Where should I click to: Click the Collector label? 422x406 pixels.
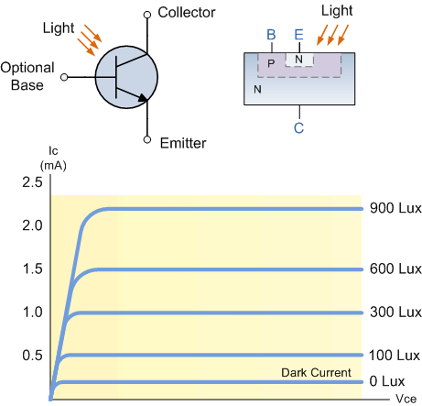[x=187, y=13]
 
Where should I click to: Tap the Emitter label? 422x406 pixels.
[x=183, y=143]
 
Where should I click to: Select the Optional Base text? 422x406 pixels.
[x=27, y=76]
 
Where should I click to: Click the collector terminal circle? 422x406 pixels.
[x=147, y=15]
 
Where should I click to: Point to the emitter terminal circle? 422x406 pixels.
[x=147, y=139]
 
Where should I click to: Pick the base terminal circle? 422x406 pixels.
[x=64, y=77]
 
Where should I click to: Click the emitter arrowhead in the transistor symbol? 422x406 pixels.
[x=143, y=97]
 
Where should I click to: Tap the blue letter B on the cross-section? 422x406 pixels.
[x=271, y=35]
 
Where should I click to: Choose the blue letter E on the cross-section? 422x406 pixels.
[x=299, y=35]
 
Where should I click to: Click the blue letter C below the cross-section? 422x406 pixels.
[x=299, y=127]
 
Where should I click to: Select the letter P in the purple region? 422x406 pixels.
[x=271, y=63]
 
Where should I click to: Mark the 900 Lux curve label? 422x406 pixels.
[x=395, y=208]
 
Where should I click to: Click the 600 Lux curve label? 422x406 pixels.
[x=395, y=269]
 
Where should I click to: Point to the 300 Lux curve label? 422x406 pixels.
[x=395, y=313]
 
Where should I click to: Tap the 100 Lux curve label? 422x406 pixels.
[x=395, y=356]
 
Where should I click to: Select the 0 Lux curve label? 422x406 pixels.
[x=387, y=381]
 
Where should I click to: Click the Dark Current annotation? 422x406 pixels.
[x=316, y=373]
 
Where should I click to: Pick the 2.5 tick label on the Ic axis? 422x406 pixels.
[x=32, y=182]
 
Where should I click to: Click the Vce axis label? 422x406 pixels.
[x=406, y=399]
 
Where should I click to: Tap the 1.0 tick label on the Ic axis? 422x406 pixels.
[x=32, y=313]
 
